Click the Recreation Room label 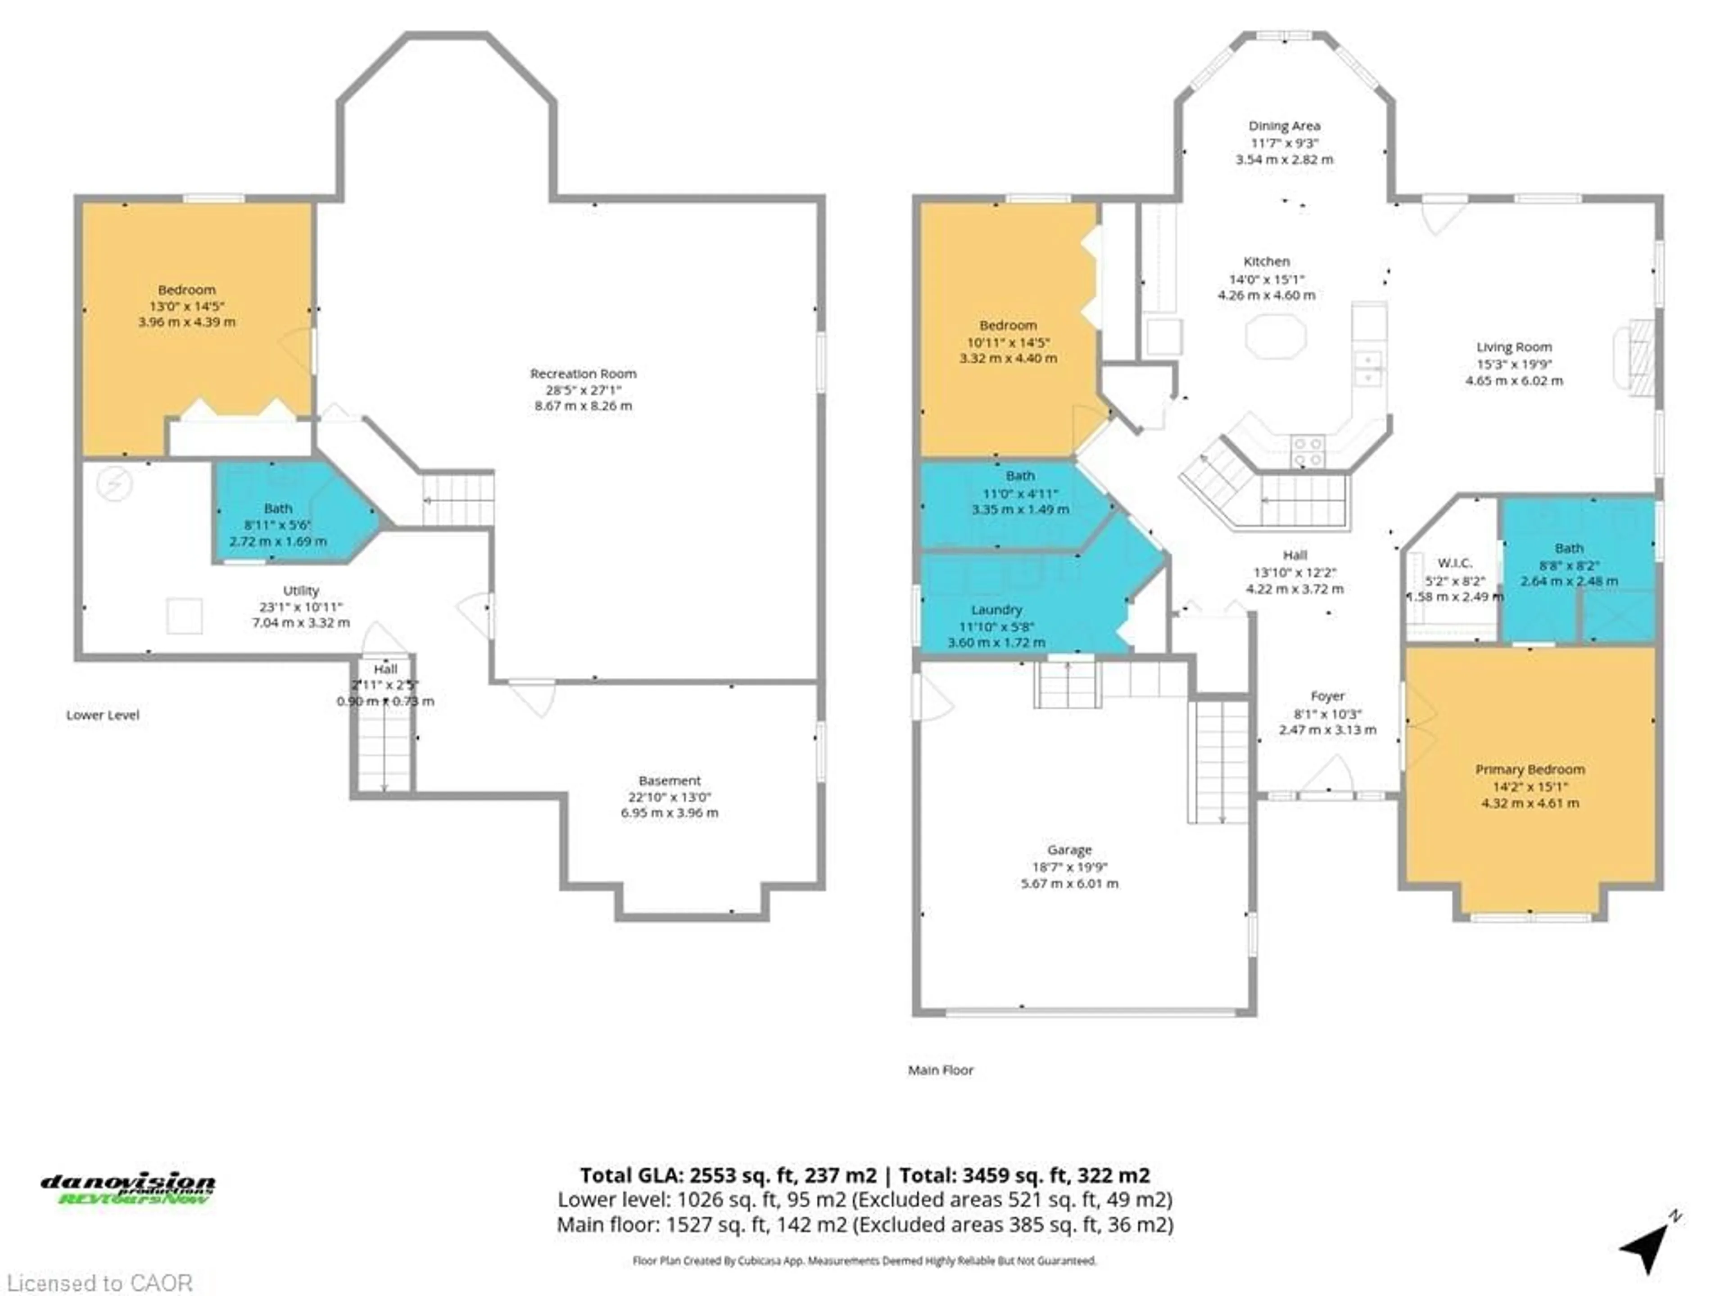pos(583,373)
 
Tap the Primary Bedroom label pos(1530,769)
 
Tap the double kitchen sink pos(1368,369)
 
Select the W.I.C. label pos(1455,562)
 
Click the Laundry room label pos(996,609)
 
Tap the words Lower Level pos(102,715)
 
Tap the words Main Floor pos(940,1070)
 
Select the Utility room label pos(301,590)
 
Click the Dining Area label pos(1284,126)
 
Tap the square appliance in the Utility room pos(185,616)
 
